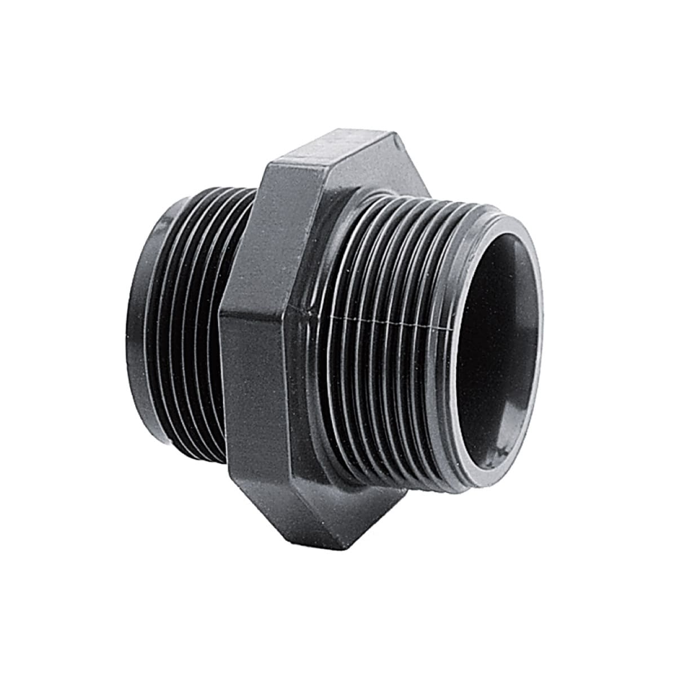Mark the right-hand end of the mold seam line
point(456,327)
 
